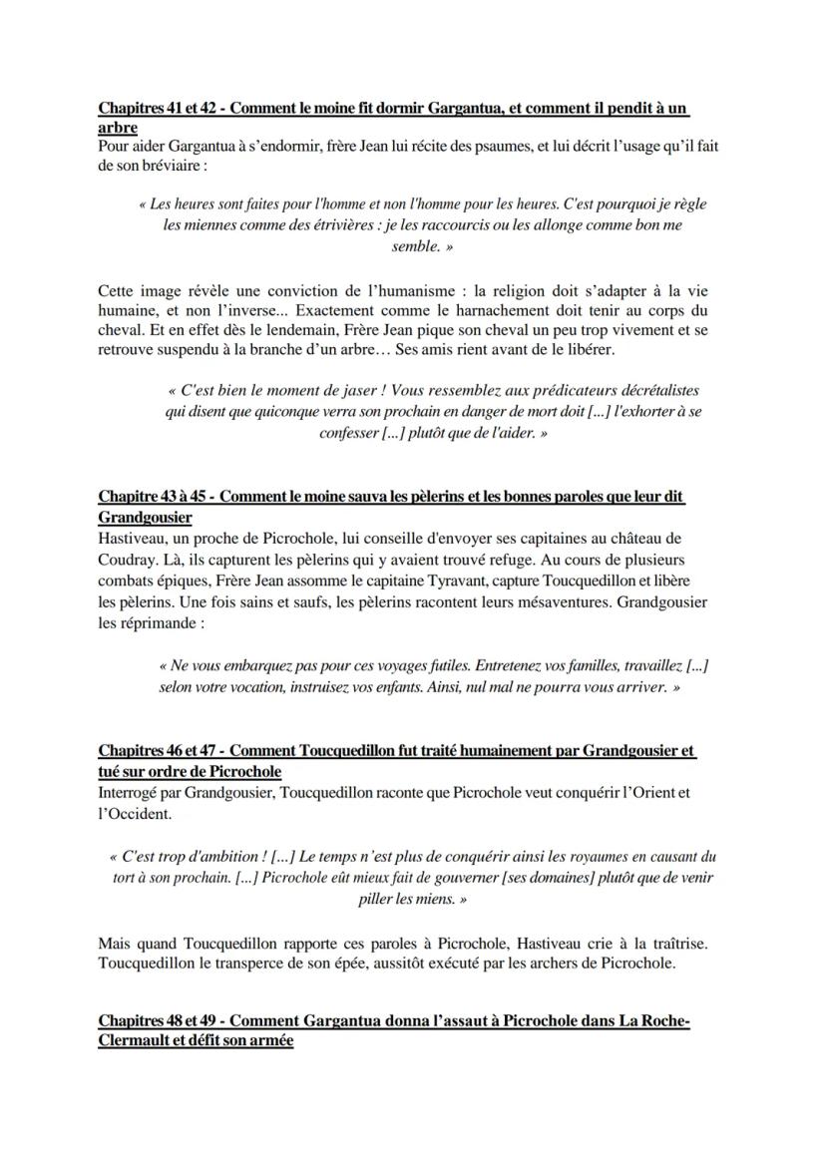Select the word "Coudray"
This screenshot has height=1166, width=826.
127,559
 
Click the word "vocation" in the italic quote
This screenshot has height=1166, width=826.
254,687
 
